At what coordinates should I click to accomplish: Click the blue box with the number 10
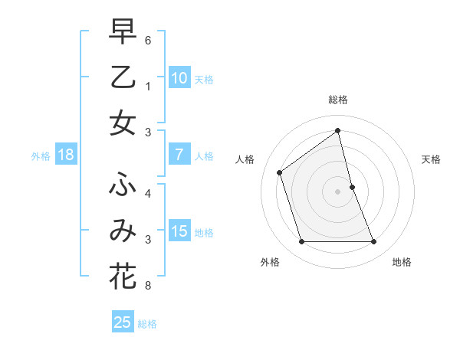(179, 77)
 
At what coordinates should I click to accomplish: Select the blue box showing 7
(179, 155)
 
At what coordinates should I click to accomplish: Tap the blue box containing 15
(179, 231)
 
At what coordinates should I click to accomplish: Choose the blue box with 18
(66, 155)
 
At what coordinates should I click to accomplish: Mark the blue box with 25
(123, 322)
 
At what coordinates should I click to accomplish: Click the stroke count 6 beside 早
(148, 40)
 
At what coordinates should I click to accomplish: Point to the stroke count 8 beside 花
(148, 286)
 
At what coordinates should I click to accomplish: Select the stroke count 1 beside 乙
(148, 87)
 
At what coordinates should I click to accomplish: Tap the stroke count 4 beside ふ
(148, 194)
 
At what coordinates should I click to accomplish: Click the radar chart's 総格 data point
(337, 130)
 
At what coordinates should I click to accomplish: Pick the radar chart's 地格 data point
(374, 242)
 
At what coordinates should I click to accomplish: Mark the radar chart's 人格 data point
(280, 172)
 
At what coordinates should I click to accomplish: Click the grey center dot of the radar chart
(337, 191)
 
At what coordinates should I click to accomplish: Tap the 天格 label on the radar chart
(432, 159)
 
